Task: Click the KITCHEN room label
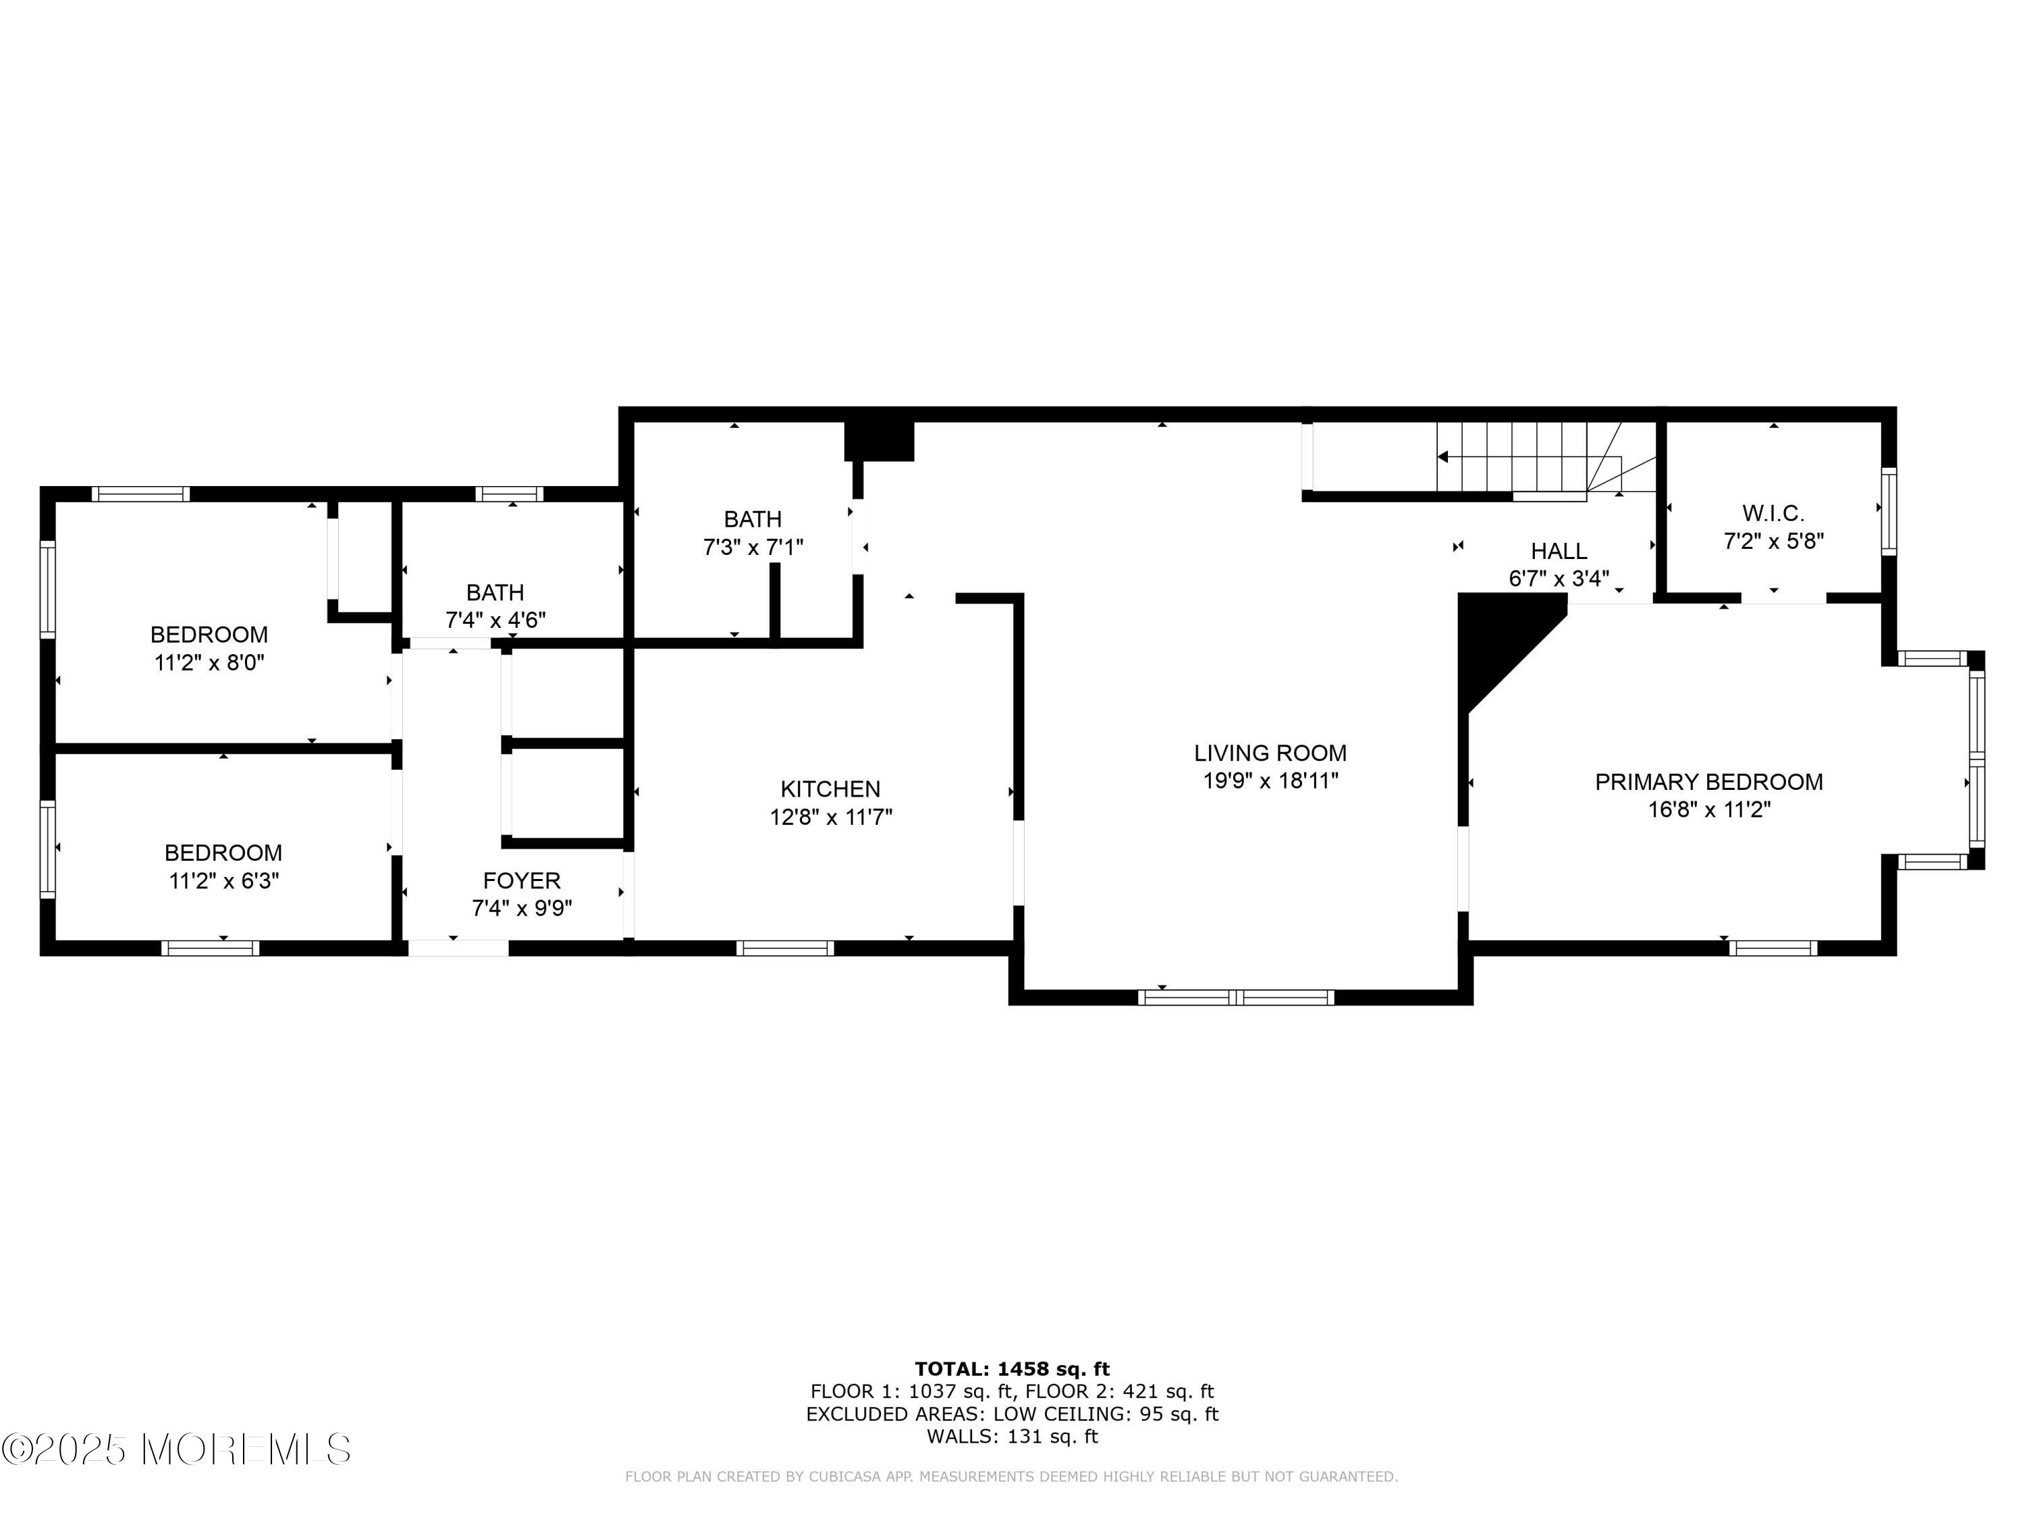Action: [x=830, y=789]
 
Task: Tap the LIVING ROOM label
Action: [x=1270, y=753]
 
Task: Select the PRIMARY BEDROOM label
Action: [x=1709, y=781]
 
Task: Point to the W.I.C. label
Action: [x=1773, y=512]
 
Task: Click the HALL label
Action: [x=1559, y=551]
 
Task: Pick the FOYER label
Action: [x=522, y=880]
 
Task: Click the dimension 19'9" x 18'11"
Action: [x=1270, y=780]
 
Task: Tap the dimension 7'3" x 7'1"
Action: [x=753, y=547]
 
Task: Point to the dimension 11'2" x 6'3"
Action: [x=223, y=881]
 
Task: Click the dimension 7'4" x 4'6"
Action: [x=495, y=620]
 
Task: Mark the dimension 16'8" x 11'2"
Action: [x=1709, y=809]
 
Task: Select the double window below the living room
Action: [x=1236, y=997]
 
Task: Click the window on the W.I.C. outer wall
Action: [x=1889, y=511]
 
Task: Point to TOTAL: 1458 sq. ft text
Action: [x=1012, y=1369]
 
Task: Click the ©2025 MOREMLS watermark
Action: [x=175, y=1449]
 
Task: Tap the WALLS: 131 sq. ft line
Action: [x=1012, y=1436]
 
